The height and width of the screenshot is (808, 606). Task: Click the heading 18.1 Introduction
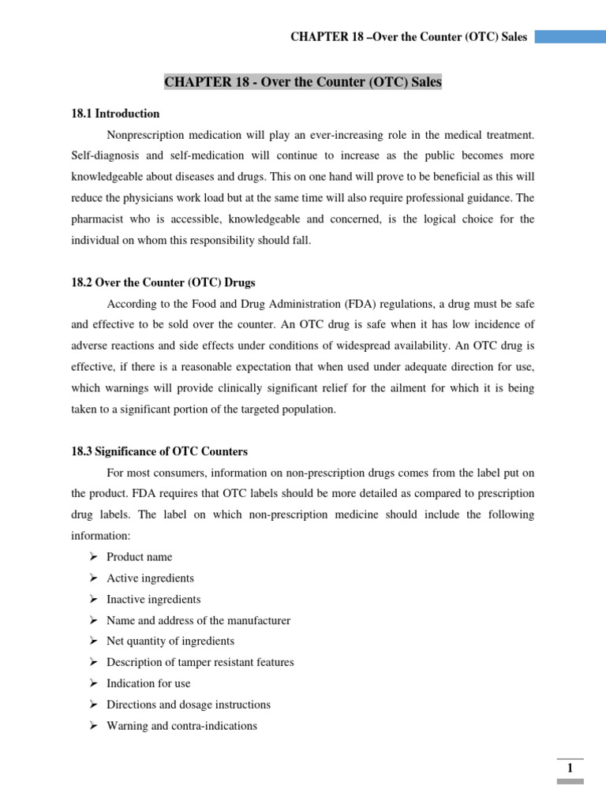pos(115,114)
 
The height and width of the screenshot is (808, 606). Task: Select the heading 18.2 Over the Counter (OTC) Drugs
pos(163,282)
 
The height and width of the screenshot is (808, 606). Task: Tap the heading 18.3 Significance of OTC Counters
pos(159,452)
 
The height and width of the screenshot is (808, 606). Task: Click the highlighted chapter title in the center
pos(302,82)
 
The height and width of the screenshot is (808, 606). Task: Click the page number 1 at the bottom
pos(570,769)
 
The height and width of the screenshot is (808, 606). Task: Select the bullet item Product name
pos(139,557)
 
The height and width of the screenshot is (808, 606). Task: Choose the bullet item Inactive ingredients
pos(153,599)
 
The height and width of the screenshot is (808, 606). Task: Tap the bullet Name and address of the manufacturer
pos(198,620)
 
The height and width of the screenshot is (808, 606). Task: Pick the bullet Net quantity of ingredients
pos(170,642)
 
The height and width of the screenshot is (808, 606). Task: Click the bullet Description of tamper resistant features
pos(200,663)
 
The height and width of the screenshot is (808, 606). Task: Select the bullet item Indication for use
pos(148,683)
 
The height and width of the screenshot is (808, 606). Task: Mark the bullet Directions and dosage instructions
pos(188,705)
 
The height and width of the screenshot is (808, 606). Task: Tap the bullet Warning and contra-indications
pos(181,726)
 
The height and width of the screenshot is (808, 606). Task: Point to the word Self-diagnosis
pos(105,156)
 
